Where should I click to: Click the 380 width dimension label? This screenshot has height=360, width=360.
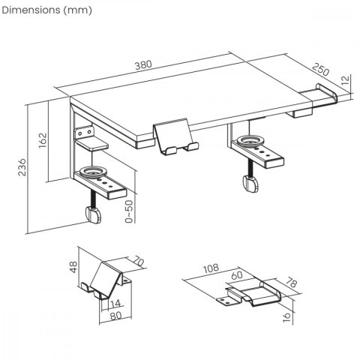coord(142,64)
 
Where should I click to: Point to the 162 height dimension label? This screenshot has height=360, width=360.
coord(42,139)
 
